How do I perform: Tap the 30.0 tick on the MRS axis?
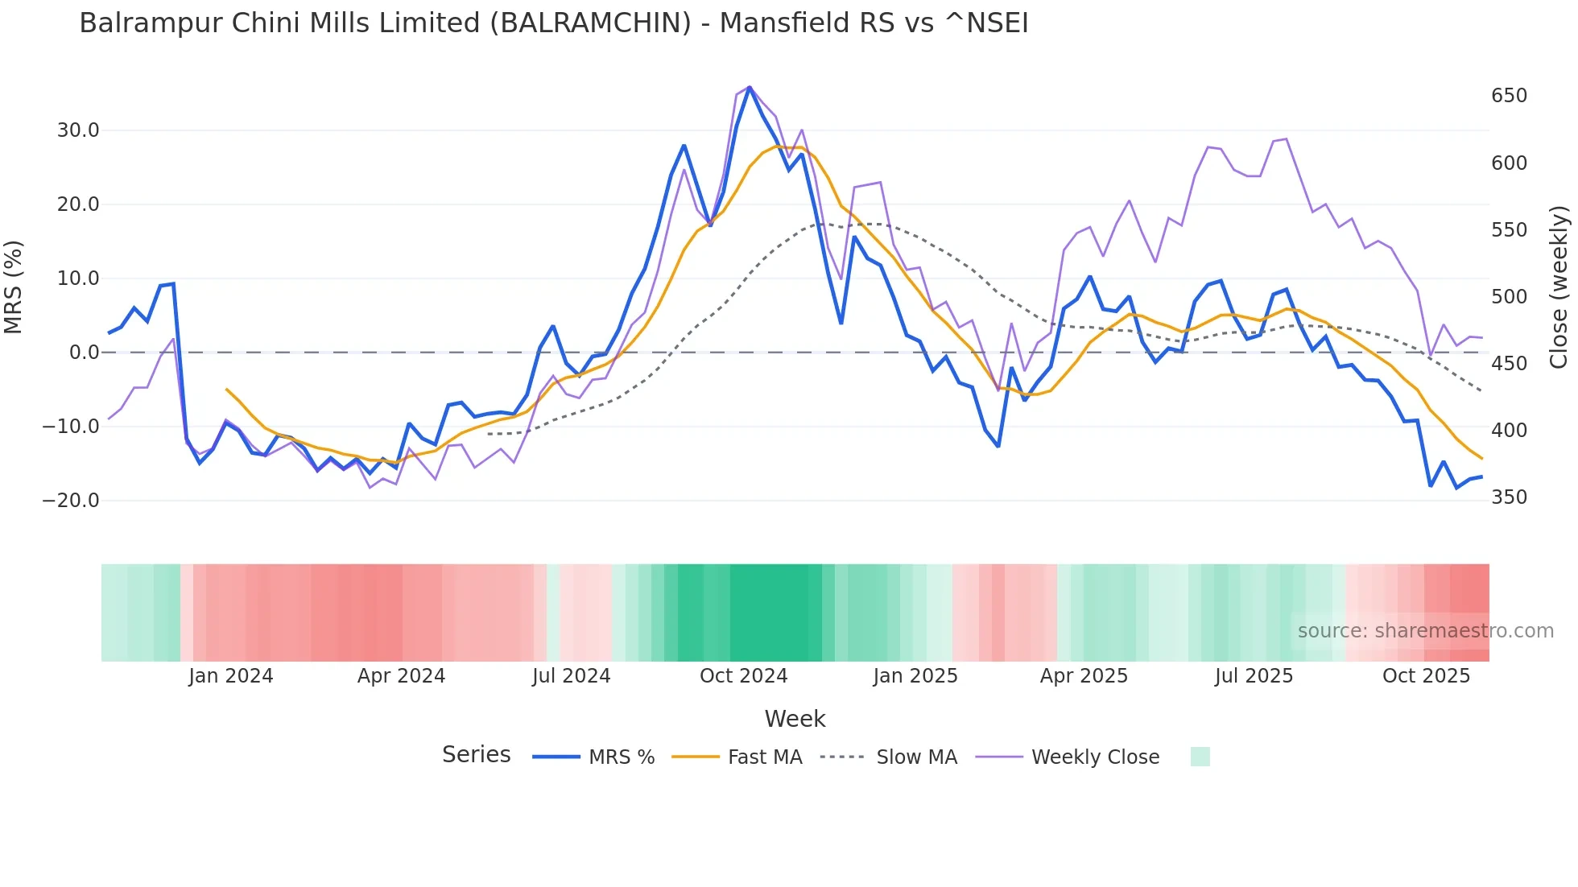point(78,130)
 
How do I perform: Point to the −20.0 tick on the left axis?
point(71,501)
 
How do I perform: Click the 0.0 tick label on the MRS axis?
point(84,353)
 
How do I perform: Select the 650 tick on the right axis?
point(1509,96)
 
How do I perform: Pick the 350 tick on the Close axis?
point(1509,497)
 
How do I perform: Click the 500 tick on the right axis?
point(1509,297)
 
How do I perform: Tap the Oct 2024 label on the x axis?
point(743,676)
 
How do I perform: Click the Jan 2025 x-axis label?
point(915,676)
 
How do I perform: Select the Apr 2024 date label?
point(401,676)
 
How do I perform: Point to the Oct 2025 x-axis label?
point(1426,676)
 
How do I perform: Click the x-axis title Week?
point(795,719)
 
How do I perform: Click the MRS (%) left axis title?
point(14,287)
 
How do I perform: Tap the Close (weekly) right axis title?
point(1559,287)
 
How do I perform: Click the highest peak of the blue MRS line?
point(750,87)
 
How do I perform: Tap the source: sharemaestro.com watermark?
point(1425,631)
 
